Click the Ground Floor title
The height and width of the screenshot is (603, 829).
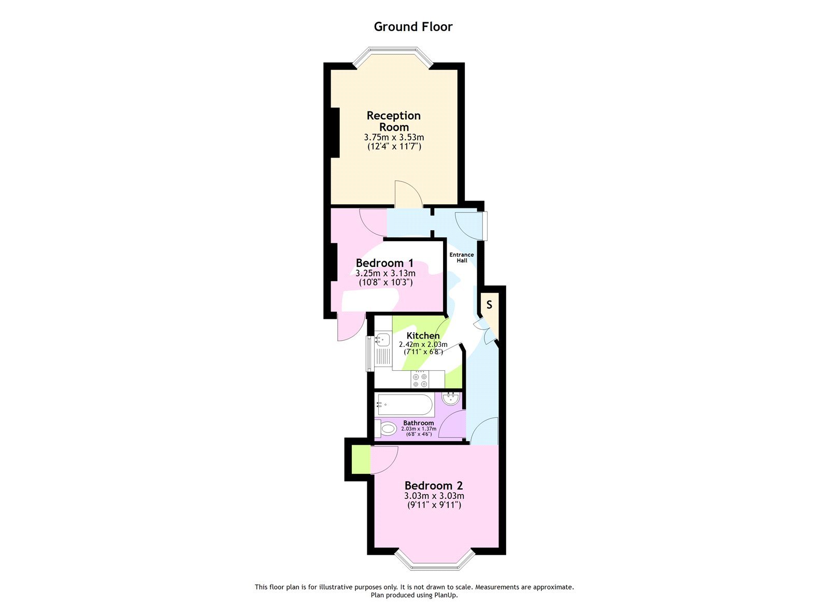click(413, 27)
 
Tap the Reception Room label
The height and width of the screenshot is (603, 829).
click(394, 121)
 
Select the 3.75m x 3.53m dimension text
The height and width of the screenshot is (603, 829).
click(394, 137)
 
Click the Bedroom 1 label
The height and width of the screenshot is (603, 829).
click(384, 263)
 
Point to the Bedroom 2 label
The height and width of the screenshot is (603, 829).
click(434, 486)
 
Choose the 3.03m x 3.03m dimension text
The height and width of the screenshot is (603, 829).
click(434, 496)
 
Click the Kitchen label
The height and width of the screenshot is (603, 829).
click(423, 335)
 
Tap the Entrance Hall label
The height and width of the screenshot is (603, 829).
click(461, 257)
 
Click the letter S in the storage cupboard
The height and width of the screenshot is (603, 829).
click(489, 305)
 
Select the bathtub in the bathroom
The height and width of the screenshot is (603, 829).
click(405, 405)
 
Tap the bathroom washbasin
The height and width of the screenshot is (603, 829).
click(451, 399)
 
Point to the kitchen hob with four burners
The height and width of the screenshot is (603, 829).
click(420, 380)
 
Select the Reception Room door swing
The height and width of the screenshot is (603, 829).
click(407, 194)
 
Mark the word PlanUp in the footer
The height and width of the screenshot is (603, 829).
click(446, 595)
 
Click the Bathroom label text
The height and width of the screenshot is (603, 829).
click(419, 423)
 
